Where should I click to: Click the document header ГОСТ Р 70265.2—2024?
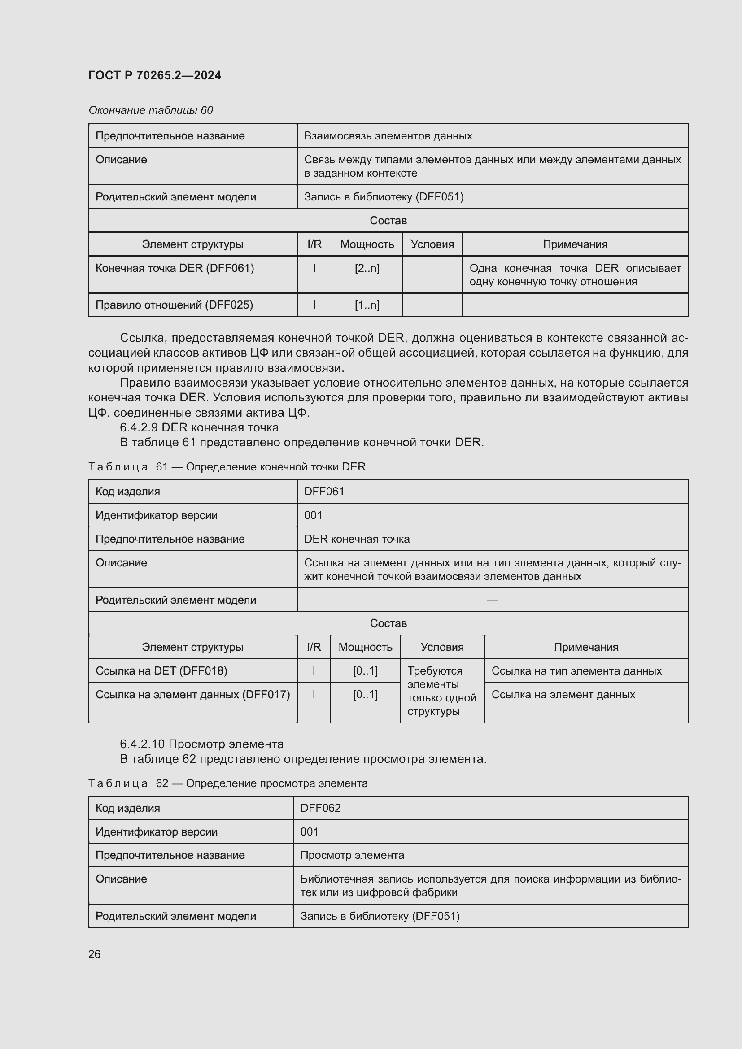(x=154, y=75)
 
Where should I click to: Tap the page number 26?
(x=94, y=954)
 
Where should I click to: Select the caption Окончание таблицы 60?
(x=150, y=110)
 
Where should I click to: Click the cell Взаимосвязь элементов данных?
(x=388, y=136)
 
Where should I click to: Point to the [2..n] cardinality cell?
(x=367, y=268)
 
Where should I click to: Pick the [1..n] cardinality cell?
(x=367, y=305)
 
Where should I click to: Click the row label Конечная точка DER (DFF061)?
(x=175, y=268)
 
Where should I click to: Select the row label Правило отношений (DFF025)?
(x=174, y=305)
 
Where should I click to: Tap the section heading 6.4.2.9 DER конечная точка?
(x=199, y=427)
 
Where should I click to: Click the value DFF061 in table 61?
(x=324, y=491)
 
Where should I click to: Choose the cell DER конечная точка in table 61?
(x=357, y=539)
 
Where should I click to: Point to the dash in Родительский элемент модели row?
(x=492, y=600)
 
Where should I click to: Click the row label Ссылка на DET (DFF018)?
(x=161, y=670)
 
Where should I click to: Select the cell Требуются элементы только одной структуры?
(x=441, y=691)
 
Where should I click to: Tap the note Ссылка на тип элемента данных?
(x=576, y=670)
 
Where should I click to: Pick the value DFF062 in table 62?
(x=320, y=808)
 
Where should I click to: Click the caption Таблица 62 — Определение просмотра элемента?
(x=227, y=783)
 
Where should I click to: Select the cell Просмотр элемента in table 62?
(x=352, y=855)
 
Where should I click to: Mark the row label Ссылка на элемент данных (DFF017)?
(x=192, y=694)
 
